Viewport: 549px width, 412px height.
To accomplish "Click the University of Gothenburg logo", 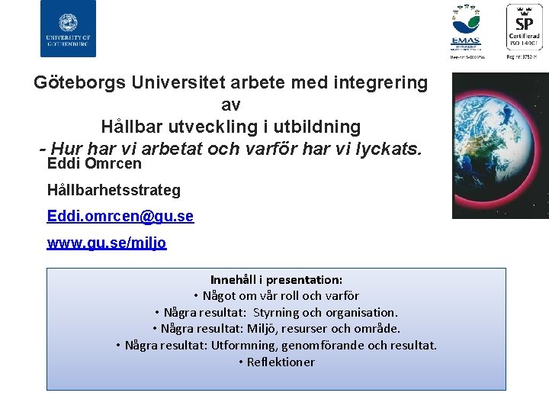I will [68, 28].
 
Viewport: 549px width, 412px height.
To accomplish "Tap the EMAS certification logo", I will [466, 31].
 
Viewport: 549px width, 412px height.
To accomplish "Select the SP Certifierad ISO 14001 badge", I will [525, 31].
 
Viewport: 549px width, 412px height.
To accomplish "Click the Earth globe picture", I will [501, 145].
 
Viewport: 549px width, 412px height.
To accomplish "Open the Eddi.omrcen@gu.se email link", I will [120, 217].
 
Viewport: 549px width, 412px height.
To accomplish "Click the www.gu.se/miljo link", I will [107, 243].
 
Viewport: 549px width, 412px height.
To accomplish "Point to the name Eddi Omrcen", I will [95, 163].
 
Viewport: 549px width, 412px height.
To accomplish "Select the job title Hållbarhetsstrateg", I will [114, 190].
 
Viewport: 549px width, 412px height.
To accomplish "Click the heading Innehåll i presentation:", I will [276, 280].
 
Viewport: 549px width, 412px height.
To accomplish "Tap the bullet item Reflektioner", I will [281, 362].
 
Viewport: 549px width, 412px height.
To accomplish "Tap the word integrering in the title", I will [381, 82].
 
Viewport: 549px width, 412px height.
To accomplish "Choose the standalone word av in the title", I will [230, 104].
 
